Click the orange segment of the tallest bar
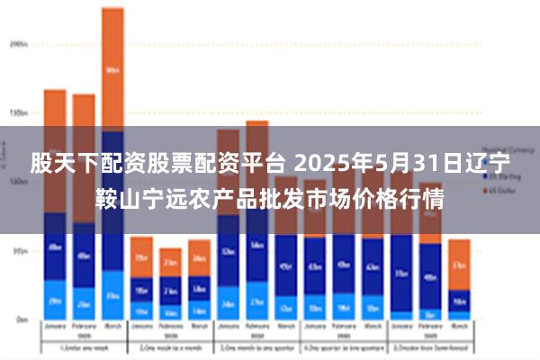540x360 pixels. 112,68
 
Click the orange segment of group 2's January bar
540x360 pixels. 141,256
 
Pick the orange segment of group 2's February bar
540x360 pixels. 170,262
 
